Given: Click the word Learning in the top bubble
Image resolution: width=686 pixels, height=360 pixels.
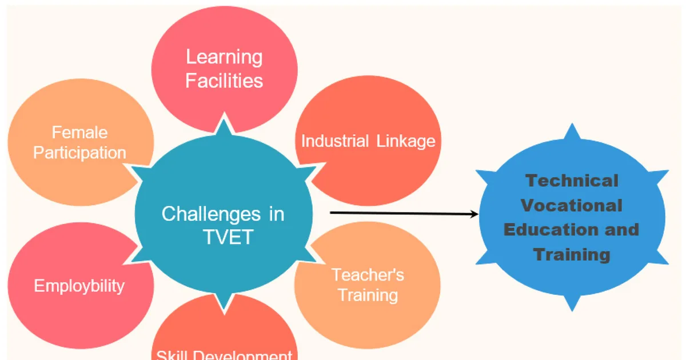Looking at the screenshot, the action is point(224,58).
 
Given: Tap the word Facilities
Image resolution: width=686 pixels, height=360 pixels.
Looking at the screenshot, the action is point(224,81).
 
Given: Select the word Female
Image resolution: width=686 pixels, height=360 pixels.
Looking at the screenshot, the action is point(79,133).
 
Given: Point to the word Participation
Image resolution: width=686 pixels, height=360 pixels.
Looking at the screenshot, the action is point(79,153).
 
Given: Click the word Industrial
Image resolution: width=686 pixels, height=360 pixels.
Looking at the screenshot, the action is point(335,141).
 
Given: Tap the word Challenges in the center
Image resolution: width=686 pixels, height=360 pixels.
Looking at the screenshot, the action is point(211,214).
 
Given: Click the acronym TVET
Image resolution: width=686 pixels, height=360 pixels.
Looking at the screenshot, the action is point(228,237).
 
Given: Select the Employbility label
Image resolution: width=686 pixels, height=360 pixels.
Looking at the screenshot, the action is point(79,286).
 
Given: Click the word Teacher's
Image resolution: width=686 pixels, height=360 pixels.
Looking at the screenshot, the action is point(368,275).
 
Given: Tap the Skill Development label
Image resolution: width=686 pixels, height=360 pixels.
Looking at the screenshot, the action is point(224,355).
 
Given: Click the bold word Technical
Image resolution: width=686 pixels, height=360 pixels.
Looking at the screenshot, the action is point(572,181).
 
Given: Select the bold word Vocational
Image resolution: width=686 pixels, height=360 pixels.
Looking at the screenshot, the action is point(572,205).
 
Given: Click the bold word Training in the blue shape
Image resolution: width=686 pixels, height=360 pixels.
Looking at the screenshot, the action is point(572,255).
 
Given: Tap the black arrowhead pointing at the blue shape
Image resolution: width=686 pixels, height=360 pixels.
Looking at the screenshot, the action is point(474,214).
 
